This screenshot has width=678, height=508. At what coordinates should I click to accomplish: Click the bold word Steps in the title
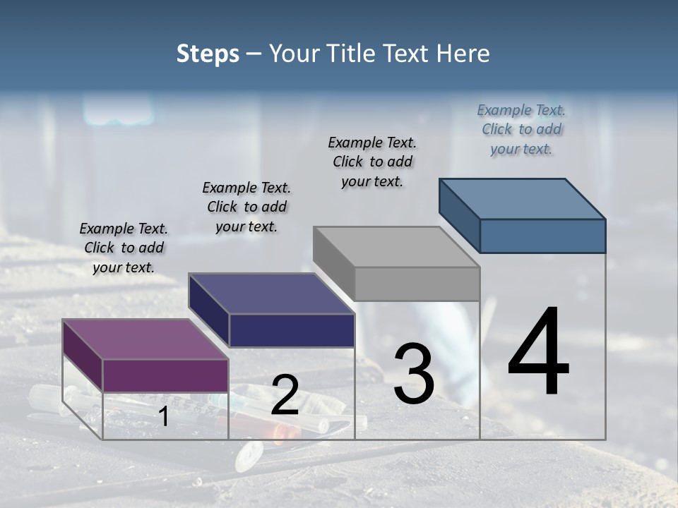pos(208,54)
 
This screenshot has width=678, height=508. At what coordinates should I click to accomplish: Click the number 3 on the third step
pos(413,373)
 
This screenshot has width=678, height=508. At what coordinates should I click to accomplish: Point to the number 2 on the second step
pos(285,396)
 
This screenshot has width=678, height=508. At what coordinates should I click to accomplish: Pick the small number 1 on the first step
pos(164,417)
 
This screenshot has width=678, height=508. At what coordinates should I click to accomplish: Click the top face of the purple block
pos(145,339)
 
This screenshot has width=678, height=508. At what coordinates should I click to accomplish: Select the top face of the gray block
pos(395,247)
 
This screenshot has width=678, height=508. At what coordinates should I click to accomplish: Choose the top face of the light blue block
pos(521,199)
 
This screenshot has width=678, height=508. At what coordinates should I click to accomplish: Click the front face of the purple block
pos(165,375)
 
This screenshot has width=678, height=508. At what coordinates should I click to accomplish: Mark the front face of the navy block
pos(292,330)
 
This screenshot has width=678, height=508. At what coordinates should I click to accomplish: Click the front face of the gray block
pos(417,284)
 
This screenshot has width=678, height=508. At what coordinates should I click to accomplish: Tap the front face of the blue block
pos(542,236)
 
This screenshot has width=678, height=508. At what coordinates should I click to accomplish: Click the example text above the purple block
pos(124,248)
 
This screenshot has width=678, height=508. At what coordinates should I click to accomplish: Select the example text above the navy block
pos(246,207)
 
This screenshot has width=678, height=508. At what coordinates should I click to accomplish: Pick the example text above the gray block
pos(372,162)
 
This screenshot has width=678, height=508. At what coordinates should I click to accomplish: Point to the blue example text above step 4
pos(521,129)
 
